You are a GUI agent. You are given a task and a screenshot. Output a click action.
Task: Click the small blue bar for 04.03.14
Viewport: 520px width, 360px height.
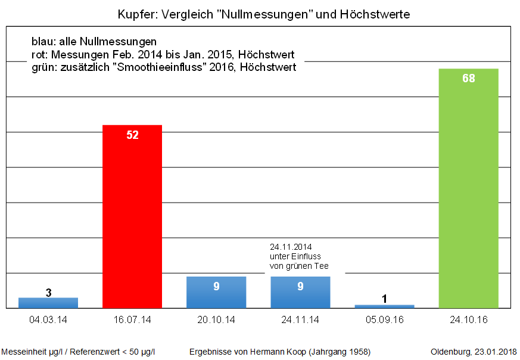(x=48, y=303)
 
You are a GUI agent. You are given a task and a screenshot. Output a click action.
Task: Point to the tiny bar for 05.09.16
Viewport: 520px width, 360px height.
(x=384, y=306)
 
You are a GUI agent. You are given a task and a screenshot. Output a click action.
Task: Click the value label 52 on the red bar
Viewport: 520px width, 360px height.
(x=132, y=135)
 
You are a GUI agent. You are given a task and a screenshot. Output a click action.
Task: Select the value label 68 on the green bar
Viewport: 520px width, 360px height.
(x=468, y=78)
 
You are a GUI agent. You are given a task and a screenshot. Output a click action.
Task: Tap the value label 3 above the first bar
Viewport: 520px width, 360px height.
(x=48, y=292)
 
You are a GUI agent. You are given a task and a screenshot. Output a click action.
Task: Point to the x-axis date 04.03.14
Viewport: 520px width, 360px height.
(x=48, y=320)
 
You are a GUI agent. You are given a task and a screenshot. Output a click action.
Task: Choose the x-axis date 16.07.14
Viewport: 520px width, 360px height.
(x=132, y=320)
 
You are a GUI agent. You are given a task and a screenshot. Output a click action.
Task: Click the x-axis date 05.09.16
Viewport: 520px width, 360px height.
(x=384, y=320)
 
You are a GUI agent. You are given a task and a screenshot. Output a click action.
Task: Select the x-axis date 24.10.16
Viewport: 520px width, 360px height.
(x=468, y=320)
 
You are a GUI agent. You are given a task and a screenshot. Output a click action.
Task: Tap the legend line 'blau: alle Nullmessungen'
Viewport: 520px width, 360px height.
(x=94, y=42)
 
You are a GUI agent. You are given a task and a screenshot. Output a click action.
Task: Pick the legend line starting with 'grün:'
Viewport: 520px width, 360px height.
(x=164, y=67)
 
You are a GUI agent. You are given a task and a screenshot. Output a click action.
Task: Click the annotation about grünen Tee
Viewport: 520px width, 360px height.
(x=299, y=256)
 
